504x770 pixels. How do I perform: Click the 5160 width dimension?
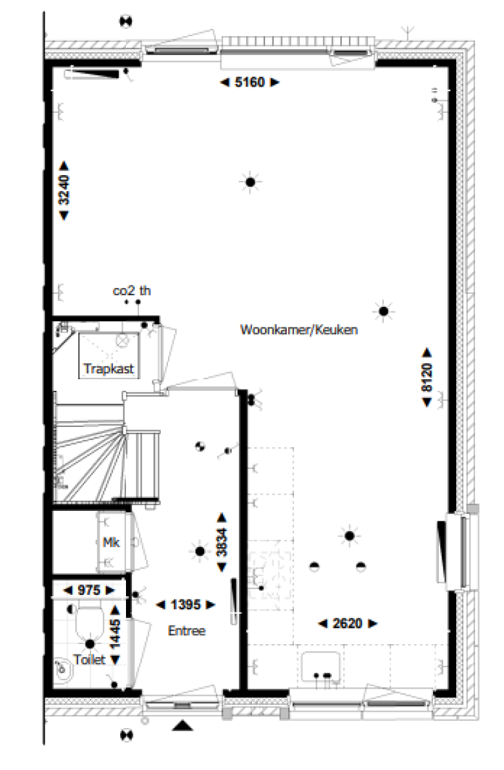249,83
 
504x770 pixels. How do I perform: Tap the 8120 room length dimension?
427,378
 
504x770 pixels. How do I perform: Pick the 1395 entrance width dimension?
186,605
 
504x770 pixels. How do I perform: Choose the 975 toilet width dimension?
89,591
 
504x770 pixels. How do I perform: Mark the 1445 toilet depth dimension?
115,634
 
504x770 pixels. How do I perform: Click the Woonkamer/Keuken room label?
299,331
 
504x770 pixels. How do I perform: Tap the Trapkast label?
109,369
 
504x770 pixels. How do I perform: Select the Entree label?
186,631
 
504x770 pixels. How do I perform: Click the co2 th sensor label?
131,290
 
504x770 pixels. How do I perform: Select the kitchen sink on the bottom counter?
322,667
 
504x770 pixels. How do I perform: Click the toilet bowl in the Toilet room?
88,622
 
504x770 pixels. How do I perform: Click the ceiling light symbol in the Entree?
199,551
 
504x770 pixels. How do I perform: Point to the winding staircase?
92,453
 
